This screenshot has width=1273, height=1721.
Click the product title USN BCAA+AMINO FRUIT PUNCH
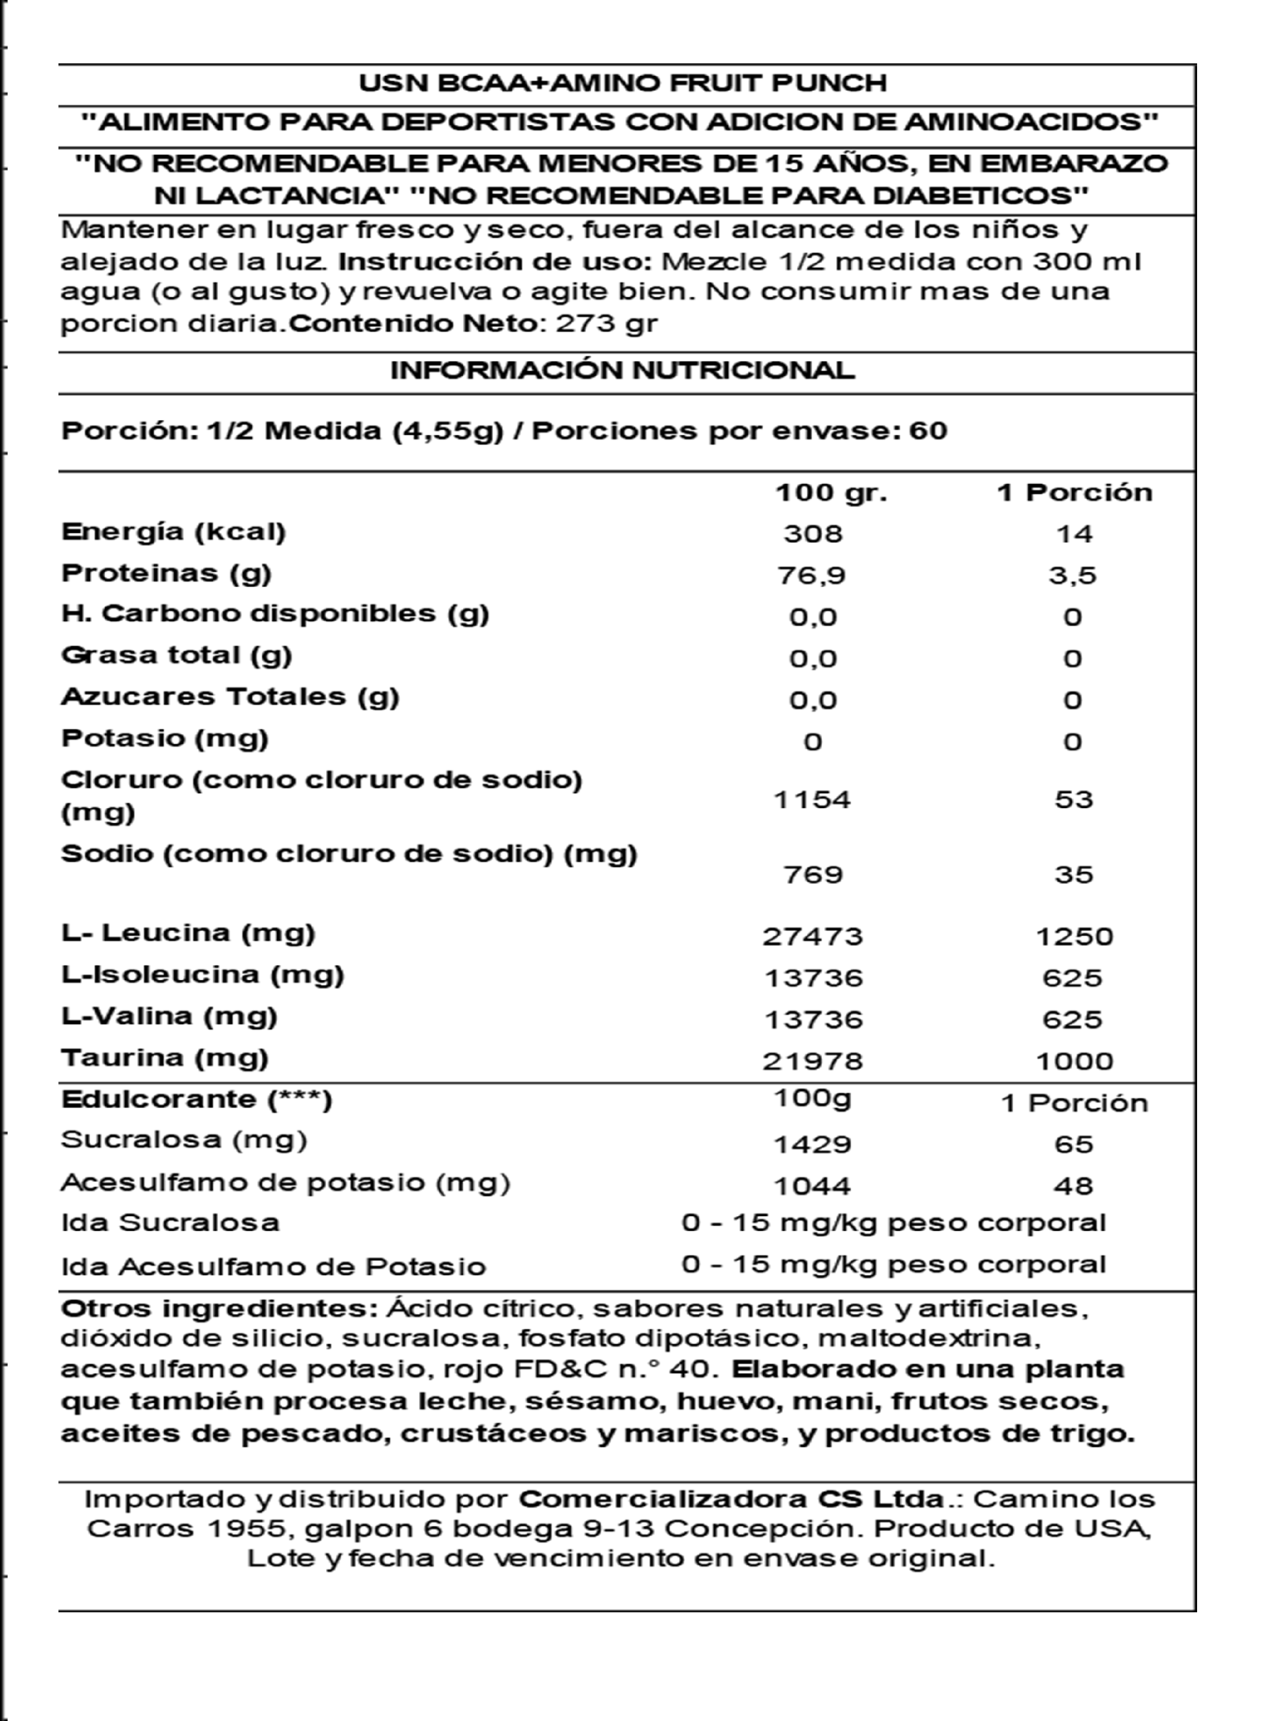(x=622, y=83)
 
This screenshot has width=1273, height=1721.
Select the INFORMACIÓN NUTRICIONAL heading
(x=622, y=370)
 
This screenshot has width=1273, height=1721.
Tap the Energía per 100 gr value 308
(x=813, y=533)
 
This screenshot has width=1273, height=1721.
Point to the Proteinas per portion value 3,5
(x=1073, y=575)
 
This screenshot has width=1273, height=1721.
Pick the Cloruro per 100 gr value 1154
(x=813, y=799)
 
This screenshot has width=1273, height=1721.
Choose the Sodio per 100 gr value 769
(x=813, y=875)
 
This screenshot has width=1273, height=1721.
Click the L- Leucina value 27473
(x=813, y=936)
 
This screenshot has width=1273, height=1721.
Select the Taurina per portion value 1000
(x=1074, y=1062)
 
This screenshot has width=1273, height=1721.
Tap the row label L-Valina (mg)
(x=169, y=1016)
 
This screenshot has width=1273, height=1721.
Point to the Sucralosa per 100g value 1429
(x=813, y=1144)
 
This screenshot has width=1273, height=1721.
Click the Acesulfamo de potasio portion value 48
(x=1074, y=1186)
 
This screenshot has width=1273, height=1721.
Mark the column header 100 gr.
(x=831, y=493)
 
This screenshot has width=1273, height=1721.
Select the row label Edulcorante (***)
(x=196, y=1099)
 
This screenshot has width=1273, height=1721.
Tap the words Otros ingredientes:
(x=219, y=1309)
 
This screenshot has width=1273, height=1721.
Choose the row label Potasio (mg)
(x=164, y=738)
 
